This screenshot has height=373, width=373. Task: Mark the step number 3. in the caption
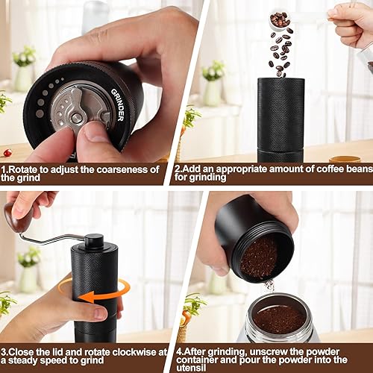pyautogui.click(x=5, y=349)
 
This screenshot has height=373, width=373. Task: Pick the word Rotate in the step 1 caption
pyautogui.click(x=26, y=169)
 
